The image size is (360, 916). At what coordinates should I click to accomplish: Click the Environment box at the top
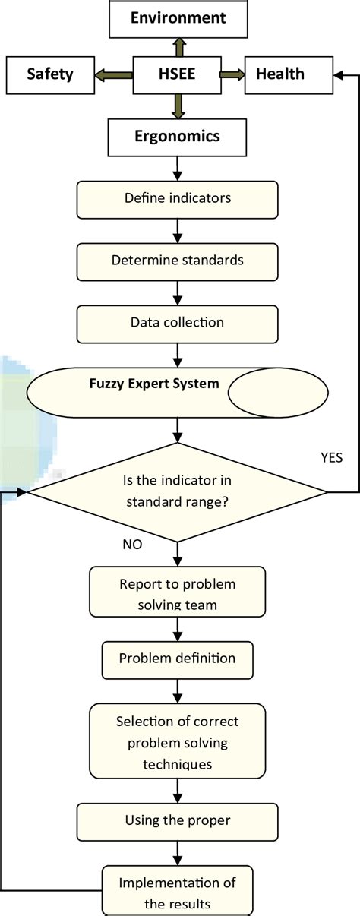(177, 18)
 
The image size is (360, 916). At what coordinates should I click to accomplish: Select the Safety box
(49, 74)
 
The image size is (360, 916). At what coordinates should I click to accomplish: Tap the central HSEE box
(177, 74)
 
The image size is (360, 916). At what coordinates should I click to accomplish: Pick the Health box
(279, 74)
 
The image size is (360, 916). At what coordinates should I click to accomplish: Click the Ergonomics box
(177, 137)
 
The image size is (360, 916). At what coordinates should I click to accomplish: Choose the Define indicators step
(177, 199)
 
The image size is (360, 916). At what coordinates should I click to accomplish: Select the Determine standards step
(177, 261)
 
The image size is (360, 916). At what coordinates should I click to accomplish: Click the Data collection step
(177, 323)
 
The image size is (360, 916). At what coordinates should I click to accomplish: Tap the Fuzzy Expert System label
(153, 384)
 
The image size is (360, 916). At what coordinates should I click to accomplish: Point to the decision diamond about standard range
(177, 492)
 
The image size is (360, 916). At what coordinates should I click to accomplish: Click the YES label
(333, 457)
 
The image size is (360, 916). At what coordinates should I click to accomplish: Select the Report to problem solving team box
(177, 592)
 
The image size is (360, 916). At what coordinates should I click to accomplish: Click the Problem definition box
(177, 659)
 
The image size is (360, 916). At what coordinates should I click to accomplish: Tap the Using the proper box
(177, 820)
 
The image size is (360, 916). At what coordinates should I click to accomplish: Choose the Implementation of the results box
(177, 892)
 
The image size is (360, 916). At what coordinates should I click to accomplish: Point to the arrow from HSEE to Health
(232, 74)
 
